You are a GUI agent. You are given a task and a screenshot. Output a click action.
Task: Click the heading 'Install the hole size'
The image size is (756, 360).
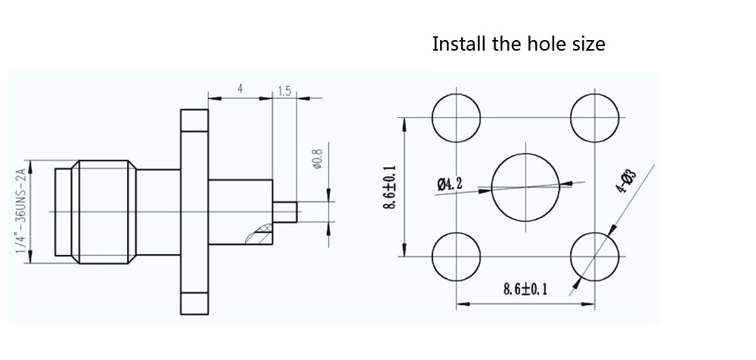pyautogui.click(x=518, y=44)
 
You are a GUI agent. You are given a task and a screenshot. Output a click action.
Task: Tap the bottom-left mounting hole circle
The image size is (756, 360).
pyautogui.click(x=456, y=256)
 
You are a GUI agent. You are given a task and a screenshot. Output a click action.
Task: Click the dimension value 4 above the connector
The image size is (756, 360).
pyautogui.click(x=240, y=88)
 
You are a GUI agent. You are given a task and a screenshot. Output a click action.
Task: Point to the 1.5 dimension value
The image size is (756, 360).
pyautogui.click(x=284, y=91)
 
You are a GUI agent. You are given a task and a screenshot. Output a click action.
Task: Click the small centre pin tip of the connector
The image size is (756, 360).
pyautogui.click(x=287, y=211)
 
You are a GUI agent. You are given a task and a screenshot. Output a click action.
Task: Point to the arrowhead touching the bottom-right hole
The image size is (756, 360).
pyautogui.click(x=578, y=282)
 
